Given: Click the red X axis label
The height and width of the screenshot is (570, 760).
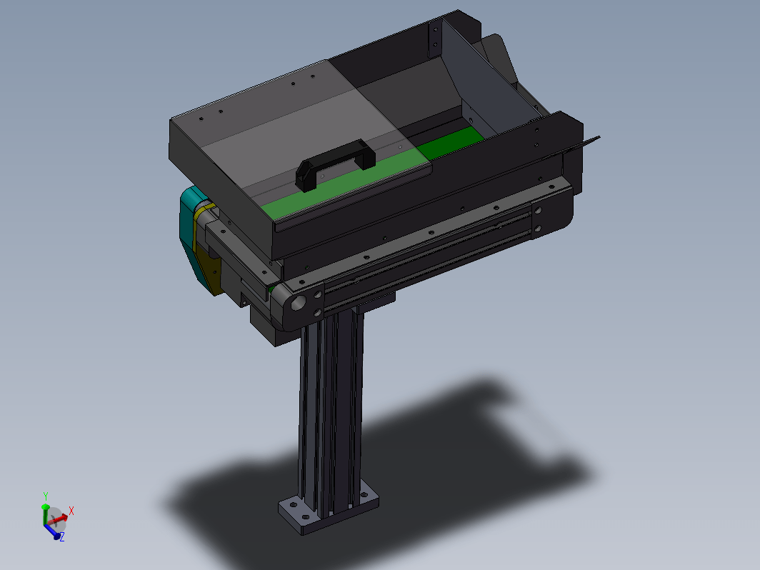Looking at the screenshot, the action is [x=71, y=511].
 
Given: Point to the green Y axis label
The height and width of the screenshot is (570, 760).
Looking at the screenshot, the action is [x=46, y=496].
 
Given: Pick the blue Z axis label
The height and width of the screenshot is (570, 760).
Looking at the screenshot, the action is [x=62, y=537].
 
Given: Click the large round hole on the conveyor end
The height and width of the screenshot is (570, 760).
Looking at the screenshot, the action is [x=298, y=303].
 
